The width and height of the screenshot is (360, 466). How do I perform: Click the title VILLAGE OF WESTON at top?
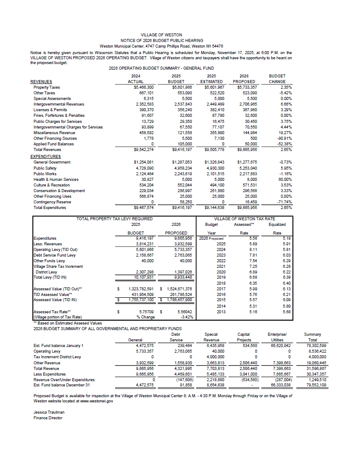161,35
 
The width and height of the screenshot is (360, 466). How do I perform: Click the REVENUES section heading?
41,81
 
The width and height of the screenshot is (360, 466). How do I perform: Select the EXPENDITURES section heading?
45,156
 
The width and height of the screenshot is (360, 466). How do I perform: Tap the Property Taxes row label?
47,87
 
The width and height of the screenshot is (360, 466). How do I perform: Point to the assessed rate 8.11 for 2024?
244,249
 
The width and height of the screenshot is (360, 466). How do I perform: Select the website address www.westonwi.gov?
95,401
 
